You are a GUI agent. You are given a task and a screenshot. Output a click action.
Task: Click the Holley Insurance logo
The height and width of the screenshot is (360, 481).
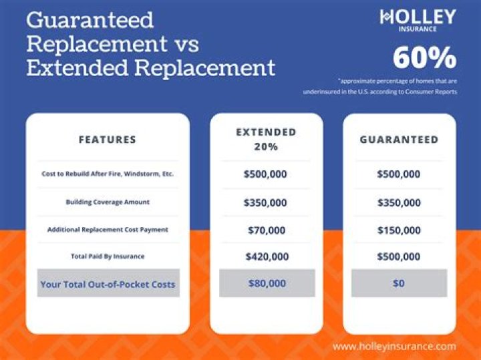click(418, 20)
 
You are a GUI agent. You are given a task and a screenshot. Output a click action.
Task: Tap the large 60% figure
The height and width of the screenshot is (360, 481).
click(424, 58)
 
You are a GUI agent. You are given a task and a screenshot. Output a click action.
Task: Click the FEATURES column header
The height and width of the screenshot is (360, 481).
click(108, 140)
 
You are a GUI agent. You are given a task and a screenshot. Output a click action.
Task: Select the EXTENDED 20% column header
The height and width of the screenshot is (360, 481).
click(266, 139)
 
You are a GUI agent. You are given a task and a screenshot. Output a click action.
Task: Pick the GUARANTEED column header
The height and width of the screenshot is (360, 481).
click(399, 140)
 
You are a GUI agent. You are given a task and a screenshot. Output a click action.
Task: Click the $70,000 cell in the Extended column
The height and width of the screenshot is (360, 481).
click(266, 230)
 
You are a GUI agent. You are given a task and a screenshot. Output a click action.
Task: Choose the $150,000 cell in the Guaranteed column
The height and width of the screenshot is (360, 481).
click(399, 230)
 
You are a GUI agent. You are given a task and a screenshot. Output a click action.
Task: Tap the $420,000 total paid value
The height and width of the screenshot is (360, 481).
click(266, 256)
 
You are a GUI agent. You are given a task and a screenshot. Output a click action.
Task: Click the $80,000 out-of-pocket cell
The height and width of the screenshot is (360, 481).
click(266, 283)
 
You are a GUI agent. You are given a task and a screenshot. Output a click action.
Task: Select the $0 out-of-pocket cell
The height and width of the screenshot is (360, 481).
click(399, 283)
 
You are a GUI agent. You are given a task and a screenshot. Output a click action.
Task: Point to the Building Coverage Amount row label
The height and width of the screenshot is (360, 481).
click(108, 202)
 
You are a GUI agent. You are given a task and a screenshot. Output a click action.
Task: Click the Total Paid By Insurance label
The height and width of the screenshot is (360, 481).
click(108, 256)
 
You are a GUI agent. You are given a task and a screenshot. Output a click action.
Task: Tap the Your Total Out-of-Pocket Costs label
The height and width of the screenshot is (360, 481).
click(108, 284)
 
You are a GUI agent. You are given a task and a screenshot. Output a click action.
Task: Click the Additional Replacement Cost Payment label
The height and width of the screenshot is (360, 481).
click(108, 230)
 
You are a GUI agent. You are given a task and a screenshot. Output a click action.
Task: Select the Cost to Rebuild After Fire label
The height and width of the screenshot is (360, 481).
click(108, 174)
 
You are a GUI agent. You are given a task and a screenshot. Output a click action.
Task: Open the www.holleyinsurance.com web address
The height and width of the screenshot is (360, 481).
click(393, 346)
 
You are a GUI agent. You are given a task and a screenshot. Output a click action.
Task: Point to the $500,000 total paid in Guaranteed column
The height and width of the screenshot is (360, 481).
click(399, 256)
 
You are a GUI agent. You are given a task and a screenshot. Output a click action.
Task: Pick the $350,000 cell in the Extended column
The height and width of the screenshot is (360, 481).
click(266, 202)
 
